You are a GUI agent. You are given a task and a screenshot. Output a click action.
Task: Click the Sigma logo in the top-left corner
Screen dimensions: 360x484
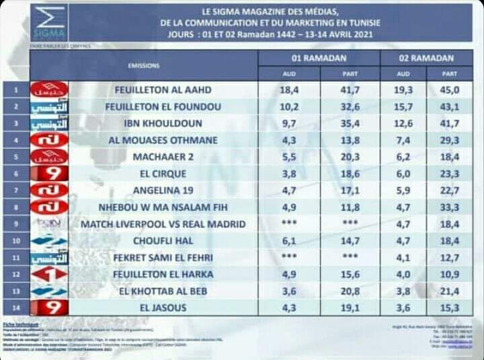pos(50,24)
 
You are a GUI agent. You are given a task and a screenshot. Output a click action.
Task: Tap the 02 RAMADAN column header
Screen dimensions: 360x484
pos(426,59)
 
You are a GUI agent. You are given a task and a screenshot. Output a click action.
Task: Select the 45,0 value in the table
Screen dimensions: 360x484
pos(450,89)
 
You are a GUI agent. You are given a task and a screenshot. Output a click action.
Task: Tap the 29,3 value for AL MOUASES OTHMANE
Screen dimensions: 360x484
pos(450,140)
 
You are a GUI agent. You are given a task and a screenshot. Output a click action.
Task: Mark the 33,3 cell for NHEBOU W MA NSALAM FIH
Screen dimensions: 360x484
pos(450,207)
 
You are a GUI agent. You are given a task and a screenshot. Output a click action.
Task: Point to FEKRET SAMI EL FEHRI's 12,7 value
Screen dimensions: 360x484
pos(450,258)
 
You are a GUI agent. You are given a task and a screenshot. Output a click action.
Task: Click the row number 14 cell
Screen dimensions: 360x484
pos(15,308)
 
